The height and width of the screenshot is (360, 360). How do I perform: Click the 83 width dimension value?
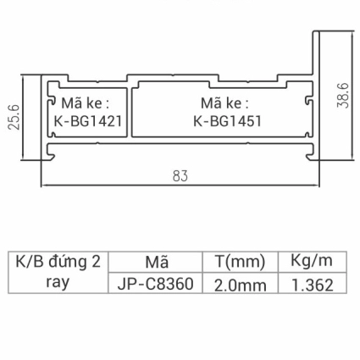tap(180, 176)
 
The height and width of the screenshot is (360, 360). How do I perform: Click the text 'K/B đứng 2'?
tap(58, 261)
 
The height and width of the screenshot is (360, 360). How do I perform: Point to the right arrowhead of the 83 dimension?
tap(316, 186)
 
